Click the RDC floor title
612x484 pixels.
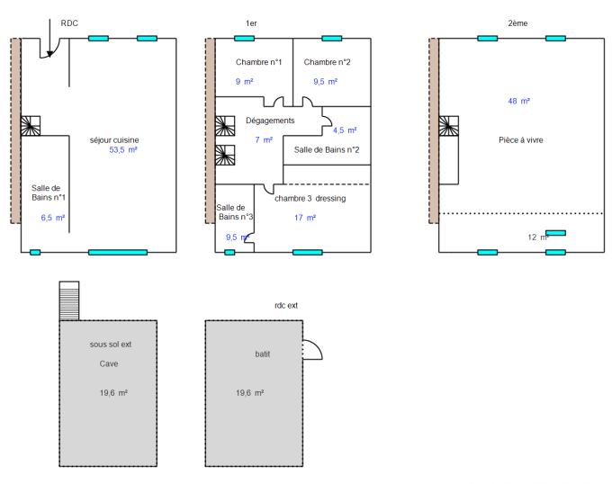click(69, 22)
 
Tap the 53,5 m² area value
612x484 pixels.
click(122, 150)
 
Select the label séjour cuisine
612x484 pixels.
click(114, 140)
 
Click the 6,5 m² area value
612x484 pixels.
click(53, 218)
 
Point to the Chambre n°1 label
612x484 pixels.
click(259, 62)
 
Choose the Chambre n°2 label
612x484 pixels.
click(327, 62)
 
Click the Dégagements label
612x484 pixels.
click(270, 121)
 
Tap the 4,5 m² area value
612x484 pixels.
click(345, 130)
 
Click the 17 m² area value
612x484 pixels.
click(305, 218)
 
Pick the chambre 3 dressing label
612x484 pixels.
click(310, 198)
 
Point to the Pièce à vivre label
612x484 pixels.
click(521, 140)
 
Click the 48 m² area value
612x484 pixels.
click(518, 102)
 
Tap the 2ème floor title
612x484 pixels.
click(518, 22)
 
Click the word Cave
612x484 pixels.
click(110, 364)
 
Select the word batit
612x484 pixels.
click(263, 354)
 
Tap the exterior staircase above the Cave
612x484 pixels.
click(69, 300)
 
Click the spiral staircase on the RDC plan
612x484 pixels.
click(31, 126)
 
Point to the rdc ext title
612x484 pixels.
click(285, 306)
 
